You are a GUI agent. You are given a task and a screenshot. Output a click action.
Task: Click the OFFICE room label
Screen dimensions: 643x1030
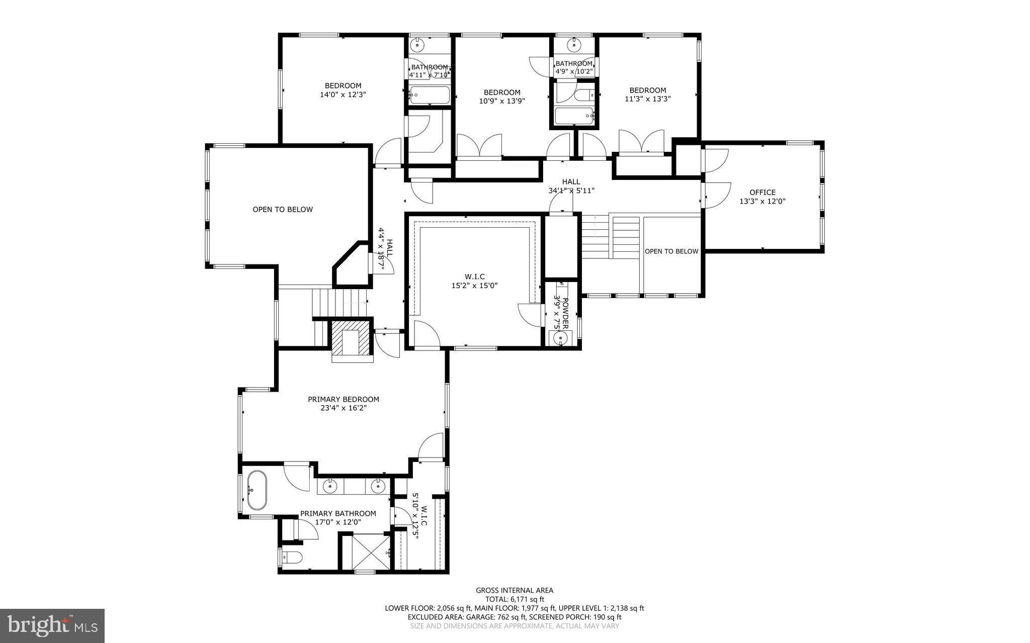[x=762, y=192]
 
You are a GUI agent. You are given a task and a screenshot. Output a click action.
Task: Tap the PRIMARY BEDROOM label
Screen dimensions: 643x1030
[x=344, y=399]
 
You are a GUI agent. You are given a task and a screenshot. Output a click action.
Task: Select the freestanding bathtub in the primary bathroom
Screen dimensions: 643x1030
[x=256, y=490]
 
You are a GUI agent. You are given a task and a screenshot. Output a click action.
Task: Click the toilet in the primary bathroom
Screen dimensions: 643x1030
[x=292, y=557]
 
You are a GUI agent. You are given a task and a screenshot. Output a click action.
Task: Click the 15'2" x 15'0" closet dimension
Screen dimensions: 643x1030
[x=475, y=286]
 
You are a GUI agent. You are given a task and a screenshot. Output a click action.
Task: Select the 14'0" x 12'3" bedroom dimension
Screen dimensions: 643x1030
[x=343, y=95]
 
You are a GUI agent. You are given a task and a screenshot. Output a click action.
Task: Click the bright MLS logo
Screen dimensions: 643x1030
[x=52, y=626]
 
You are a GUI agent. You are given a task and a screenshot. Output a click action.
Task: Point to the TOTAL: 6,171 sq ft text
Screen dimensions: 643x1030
[x=514, y=599]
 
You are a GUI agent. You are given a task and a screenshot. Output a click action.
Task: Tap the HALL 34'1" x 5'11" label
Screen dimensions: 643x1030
[x=571, y=186]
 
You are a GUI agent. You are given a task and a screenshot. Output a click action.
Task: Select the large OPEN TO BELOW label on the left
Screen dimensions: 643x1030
[x=283, y=210]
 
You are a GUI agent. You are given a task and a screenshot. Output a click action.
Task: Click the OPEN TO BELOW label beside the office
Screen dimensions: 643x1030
[x=671, y=251]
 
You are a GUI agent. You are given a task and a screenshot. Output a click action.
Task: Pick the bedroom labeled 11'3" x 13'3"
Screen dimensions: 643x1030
[x=648, y=95]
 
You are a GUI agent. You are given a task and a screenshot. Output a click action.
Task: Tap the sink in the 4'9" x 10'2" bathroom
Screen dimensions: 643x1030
[x=574, y=45]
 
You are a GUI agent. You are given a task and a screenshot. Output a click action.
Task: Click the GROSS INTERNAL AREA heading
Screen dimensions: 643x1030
[x=514, y=590]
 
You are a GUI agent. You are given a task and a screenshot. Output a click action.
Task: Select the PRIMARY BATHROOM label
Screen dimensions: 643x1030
[x=338, y=513]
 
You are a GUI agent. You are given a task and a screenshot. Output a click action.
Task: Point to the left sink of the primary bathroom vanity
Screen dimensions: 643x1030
[x=330, y=486]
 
